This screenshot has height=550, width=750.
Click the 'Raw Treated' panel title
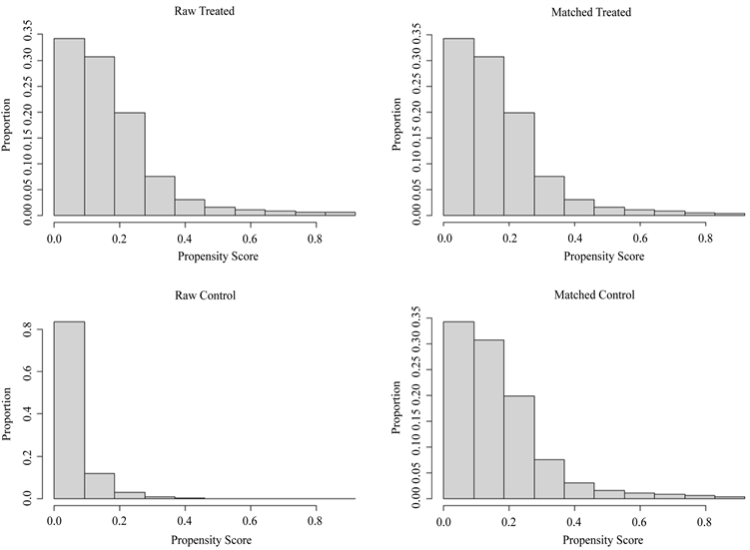[204, 12]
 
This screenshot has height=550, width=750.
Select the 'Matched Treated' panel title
[591, 12]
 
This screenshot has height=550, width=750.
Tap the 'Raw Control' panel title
[204, 295]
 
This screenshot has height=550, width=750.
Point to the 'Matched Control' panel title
[591, 295]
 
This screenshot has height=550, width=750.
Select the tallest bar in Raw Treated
[69, 127]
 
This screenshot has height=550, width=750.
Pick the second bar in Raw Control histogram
[99, 485]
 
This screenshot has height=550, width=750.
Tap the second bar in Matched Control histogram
[488, 418]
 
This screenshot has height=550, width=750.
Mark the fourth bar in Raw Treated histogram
[159, 195]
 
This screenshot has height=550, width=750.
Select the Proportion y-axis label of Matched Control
[396, 409]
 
